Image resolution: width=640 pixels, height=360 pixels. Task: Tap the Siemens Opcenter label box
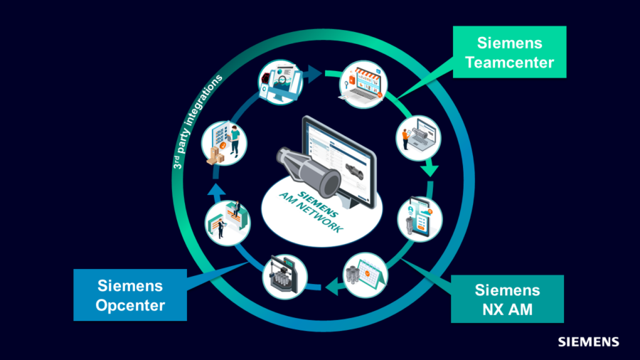(131, 295)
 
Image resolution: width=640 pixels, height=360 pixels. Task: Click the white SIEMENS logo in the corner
(588, 342)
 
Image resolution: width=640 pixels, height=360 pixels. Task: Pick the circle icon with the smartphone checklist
(420, 218)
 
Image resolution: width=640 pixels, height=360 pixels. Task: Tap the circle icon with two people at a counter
(227, 222)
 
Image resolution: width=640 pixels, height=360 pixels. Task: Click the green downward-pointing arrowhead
(429, 170)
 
